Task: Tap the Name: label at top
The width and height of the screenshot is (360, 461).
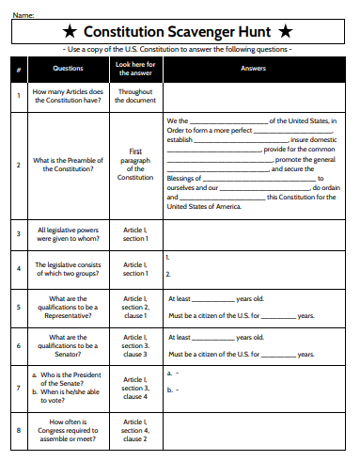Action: pyautogui.click(x=23, y=14)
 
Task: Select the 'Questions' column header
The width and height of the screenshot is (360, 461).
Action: pyautogui.click(x=68, y=69)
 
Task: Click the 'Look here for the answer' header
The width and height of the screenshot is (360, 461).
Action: pyautogui.click(x=135, y=69)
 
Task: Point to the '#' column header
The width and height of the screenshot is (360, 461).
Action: pyautogui.click(x=19, y=69)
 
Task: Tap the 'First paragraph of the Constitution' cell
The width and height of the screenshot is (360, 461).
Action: pyautogui.click(x=135, y=164)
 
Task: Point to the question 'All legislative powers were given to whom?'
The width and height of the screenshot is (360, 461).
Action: pyautogui.click(x=68, y=234)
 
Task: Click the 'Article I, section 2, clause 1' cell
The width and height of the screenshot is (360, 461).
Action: pyautogui.click(x=135, y=307)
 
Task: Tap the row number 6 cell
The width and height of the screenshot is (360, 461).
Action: pyautogui.click(x=19, y=346)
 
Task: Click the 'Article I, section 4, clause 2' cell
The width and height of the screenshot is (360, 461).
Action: pyautogui.click(x=135, y=432)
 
